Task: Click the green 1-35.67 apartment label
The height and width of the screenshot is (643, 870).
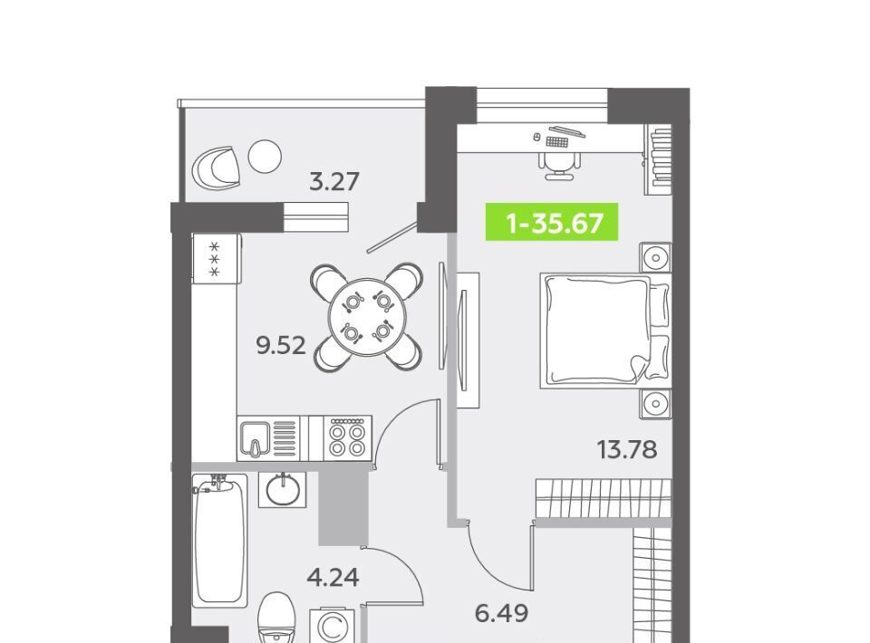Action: (x=552, y=222)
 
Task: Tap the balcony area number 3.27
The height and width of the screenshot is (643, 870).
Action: (x=334, y=182)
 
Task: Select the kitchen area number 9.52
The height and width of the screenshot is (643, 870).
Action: (x=281, y=346)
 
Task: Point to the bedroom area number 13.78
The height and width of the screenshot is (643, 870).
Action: (x=627, y=449)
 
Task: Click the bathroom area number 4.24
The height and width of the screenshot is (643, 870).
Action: (x=333, y=578)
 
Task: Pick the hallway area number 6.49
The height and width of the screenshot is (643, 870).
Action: (x=501, y=614)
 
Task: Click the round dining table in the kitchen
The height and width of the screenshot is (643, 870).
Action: (x=367, y=318)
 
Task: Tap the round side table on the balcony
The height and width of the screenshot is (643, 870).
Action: (x=265, y=157)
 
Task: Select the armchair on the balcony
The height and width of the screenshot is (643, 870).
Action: (x=217, y=168)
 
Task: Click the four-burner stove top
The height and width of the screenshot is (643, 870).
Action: (x=347, y=438)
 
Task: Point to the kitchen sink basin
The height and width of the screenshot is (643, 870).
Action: (x=255, y=437)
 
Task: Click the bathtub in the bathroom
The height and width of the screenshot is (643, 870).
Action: (x=219, y=540)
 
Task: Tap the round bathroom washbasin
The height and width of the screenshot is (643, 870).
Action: (x=284, y=490)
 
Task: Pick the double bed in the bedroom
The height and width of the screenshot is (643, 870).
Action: (x=604, y=331)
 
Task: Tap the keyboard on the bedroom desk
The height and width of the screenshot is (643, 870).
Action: (x=557, y=142)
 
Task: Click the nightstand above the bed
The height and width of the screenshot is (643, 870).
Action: (x=655, y=258)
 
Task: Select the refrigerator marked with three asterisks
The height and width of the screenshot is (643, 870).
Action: (x=217, y=258)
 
